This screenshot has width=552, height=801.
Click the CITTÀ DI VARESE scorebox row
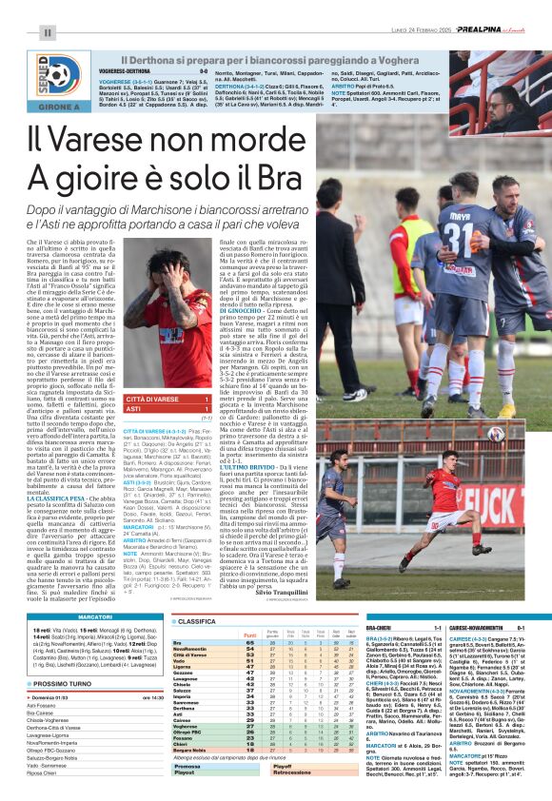click(x=167, y=399)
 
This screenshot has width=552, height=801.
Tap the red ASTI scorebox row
click(x=167, y=409)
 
